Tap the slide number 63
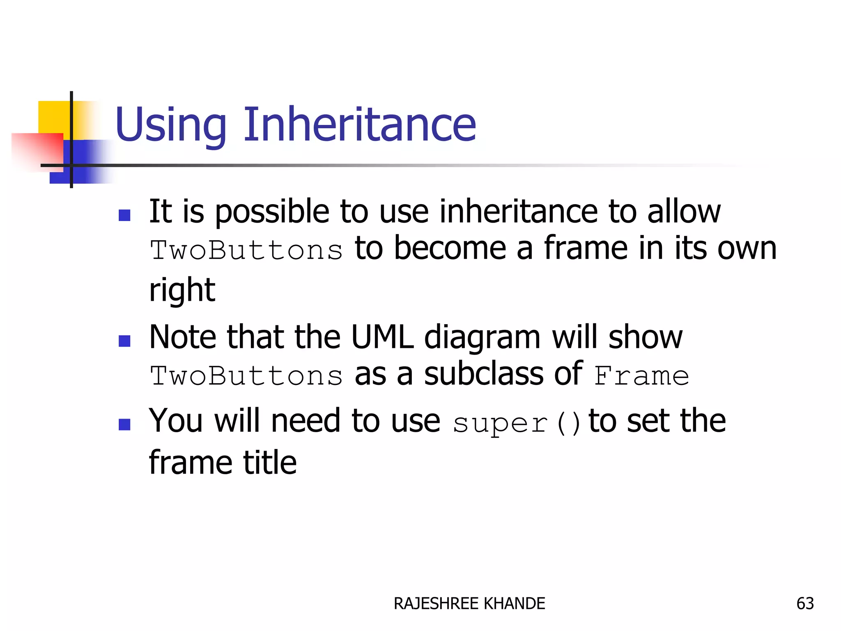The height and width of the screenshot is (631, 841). pos(805,603)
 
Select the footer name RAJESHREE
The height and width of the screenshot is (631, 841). pos(436,603)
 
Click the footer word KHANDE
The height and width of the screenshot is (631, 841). pos(515,603)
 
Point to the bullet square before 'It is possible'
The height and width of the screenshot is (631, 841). pos(124,215)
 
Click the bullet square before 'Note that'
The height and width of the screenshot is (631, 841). pos(124,341)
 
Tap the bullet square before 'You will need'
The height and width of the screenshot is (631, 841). pos(124,424)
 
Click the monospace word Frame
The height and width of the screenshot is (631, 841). pos(641,376)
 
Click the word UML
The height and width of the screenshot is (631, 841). pos(382,337)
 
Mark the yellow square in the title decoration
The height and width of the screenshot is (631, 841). pos(53,117)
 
